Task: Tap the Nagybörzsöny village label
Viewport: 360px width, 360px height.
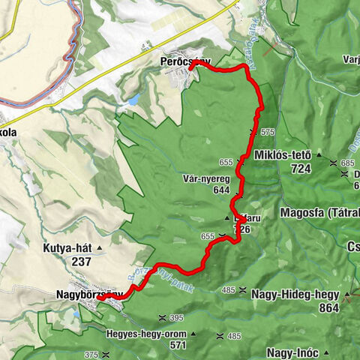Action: click(79, 295)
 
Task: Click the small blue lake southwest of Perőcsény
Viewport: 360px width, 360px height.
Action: click(133, 100)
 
